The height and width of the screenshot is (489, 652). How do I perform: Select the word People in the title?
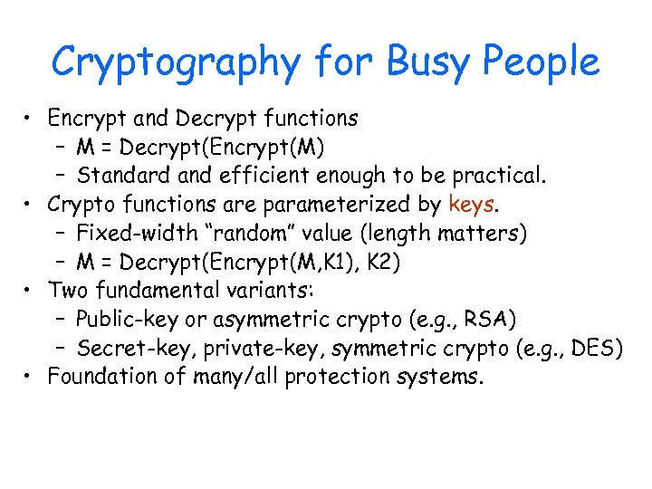coord(542,63)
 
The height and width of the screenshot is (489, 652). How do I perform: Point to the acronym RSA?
coord(495,320)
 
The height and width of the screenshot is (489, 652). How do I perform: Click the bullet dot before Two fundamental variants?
coord(31,292)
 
